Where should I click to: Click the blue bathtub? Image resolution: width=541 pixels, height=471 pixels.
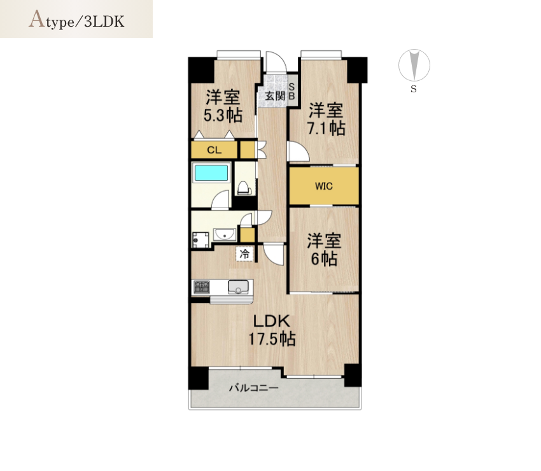[211, 172]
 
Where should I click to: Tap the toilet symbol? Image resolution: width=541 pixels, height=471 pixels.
[243, 188]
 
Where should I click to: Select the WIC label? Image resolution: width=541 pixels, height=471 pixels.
[324, 186]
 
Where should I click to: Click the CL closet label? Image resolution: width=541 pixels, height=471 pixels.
[214, 150]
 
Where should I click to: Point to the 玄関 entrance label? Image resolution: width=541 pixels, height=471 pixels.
[275, 95]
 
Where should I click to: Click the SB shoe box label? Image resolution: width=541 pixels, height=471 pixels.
[292, 92]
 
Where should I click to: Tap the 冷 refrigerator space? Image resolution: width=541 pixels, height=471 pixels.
[244, 255]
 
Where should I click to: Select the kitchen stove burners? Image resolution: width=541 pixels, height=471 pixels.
[202, 287]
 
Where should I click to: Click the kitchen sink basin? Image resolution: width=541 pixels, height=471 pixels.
[238, 287]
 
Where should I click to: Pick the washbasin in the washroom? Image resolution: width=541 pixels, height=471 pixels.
[225, 235]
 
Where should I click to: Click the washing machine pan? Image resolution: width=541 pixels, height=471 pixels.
[200, 240]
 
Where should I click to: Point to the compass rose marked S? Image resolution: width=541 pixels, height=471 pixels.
[414, 65]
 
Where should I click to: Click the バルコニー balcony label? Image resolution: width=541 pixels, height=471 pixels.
[254, 388]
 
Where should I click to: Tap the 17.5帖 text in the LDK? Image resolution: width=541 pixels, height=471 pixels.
[272, 339]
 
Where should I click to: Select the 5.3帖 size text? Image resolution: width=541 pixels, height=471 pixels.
[223, 115]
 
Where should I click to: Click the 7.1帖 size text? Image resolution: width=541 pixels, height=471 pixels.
[326, 129]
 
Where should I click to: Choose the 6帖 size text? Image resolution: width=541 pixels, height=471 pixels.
[324, 258]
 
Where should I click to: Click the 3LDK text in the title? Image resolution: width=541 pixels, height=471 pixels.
[104, 22]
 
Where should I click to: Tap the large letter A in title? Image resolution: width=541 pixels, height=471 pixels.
[37, 19]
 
